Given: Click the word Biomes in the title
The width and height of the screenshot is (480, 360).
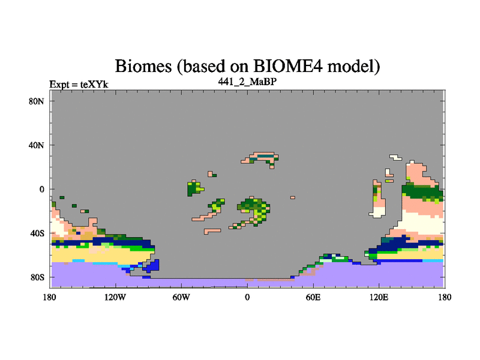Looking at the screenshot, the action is pos(143,66).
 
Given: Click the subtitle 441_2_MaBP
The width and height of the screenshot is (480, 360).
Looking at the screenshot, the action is pos(247,82).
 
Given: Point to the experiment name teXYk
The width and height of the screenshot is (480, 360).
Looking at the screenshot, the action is pos(94,85).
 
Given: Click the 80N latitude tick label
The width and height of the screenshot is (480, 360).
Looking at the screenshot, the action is pos(37,101).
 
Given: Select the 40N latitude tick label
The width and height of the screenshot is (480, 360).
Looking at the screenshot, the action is pos(37,145).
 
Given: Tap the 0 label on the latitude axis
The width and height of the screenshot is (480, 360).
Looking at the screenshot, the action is pos(41,189).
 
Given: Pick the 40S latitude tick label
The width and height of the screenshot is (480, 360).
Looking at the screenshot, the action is pos(37,233).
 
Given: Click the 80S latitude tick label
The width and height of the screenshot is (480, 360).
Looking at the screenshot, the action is pos(37,277).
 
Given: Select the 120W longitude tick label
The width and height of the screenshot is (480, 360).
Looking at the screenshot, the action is pos(115,297).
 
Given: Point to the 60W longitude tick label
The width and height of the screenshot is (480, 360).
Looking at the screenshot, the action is pos(181,297).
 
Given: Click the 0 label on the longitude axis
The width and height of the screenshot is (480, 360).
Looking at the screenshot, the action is pos(247,297).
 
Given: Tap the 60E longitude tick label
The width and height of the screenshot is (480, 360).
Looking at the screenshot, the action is pos(313,297).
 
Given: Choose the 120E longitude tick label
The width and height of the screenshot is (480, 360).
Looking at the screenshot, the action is pos(379,297).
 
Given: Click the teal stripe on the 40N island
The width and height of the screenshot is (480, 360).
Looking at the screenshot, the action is pos(265,156).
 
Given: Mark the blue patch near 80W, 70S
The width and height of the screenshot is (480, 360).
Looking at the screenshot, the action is pos(152,266).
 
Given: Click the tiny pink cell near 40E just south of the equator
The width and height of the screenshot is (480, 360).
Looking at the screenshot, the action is pos(293,197).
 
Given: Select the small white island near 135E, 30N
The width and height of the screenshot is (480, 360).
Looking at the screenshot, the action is pos(396,157).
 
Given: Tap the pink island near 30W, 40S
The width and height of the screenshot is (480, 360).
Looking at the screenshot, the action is pos(212,231).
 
